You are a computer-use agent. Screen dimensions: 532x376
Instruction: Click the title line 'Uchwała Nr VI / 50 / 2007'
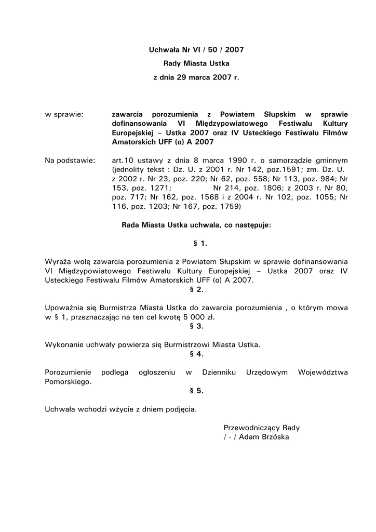(x=196, y=50)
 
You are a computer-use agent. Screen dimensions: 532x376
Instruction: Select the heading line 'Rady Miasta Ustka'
(x=196, y=63)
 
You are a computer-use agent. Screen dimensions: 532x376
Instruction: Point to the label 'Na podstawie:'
(x=70, y=160)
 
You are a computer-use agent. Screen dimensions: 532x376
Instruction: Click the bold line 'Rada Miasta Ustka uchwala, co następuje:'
(x=196, y=225)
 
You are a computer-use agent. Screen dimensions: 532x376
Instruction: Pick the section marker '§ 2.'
(x=196, y=289)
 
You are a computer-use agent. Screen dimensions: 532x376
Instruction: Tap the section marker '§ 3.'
(x=196, y=326)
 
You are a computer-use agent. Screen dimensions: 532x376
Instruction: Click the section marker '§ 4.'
(x=196, y=354)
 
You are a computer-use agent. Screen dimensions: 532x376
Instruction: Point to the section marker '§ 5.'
(x=196, y=391)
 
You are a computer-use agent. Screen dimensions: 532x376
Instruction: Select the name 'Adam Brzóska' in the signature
(x=264, y=437)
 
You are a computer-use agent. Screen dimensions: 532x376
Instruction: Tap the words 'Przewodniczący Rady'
(x=262, y=428)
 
